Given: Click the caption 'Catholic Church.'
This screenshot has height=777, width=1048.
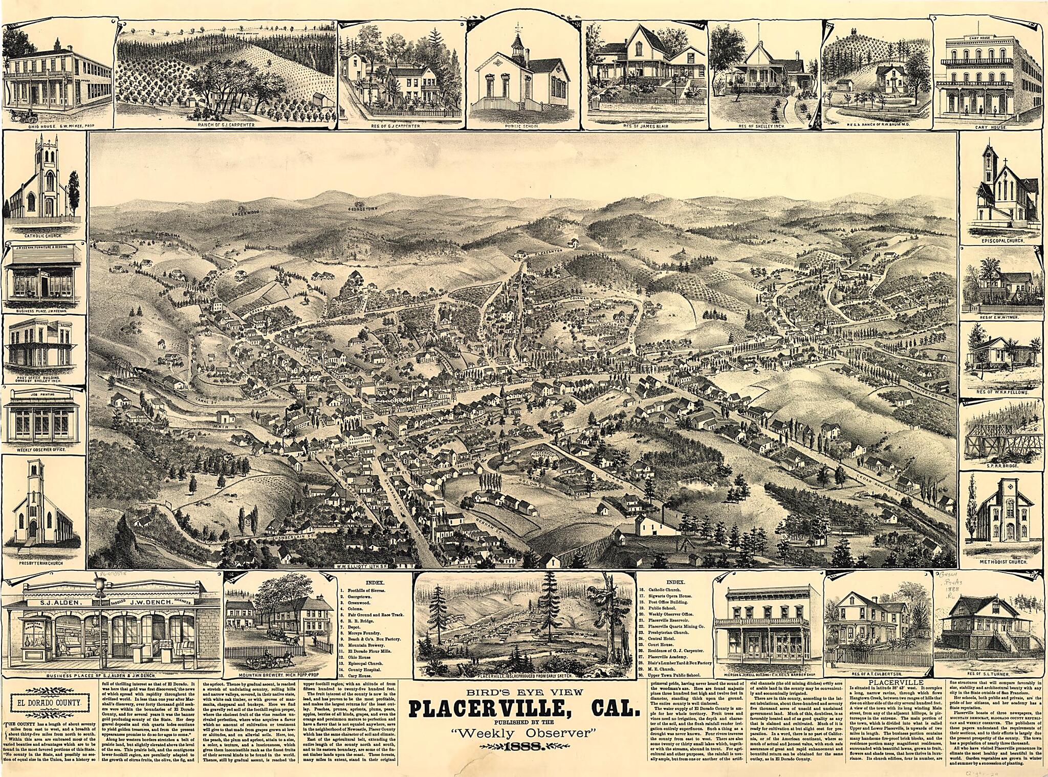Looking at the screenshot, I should coord(43,236).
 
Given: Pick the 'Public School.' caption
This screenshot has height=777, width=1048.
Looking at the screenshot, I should coord(520,125).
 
